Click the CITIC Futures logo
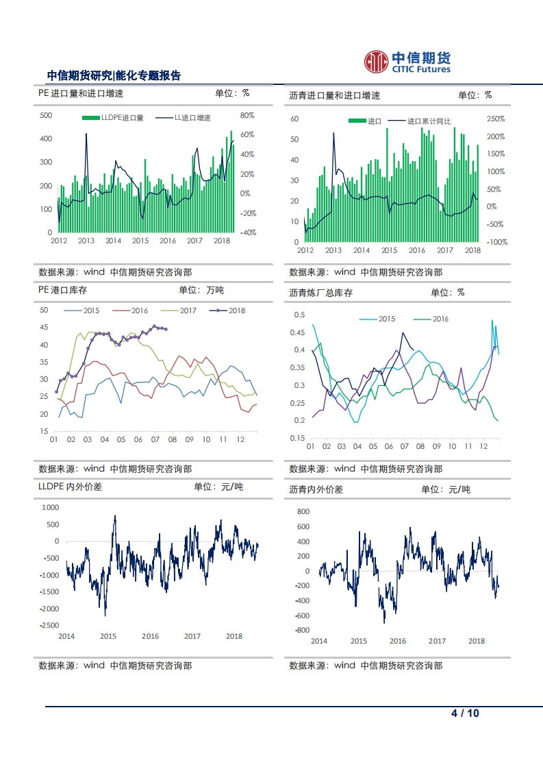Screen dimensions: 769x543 [407, 61]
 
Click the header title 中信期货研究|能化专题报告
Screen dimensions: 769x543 [114, 75]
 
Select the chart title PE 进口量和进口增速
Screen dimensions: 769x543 [81, 94]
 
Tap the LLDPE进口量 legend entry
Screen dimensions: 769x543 [113, 118]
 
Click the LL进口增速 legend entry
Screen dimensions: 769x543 [184, 118]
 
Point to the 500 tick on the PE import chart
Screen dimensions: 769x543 [47, 115]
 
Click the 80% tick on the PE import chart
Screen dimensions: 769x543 [247, 115]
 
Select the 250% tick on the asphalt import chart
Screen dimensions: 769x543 [496, 119]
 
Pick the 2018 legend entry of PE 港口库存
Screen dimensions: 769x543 [229, 310]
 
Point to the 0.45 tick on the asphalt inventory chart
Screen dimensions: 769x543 [299, 332]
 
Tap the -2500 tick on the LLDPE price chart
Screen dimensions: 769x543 [49, 625]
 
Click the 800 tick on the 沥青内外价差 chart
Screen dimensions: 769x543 [302, 512]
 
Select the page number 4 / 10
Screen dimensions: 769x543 [465, 713]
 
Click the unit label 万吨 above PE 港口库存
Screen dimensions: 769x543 [215, 291]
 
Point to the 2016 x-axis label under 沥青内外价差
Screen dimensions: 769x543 [398, 642]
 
